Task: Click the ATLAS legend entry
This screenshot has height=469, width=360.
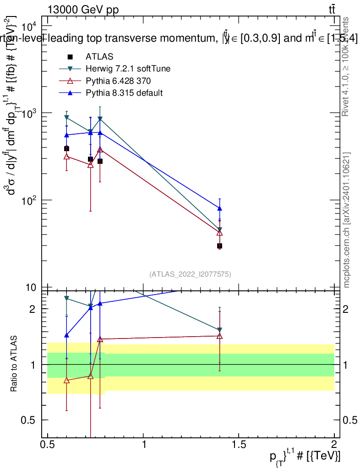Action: (99, 57)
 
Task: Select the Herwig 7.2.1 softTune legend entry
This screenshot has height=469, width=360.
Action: (128, 69)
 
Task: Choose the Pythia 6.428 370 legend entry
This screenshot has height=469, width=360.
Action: (118, 81)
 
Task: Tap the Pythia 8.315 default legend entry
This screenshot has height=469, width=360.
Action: (124, 93)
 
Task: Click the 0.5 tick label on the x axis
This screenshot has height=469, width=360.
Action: (48, 443)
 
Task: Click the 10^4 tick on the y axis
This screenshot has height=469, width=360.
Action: (34, 25)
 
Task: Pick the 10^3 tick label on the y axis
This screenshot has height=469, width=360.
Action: (34, 113)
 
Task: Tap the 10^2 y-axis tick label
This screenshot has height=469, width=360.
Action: (34, 200)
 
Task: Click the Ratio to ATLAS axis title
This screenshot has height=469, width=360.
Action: (14, 364)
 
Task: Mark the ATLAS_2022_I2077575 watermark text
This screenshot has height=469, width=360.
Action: (190, 274)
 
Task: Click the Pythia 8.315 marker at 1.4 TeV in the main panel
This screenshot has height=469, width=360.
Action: (220, 208)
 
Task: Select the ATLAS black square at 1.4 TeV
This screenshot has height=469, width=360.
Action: (220, 246)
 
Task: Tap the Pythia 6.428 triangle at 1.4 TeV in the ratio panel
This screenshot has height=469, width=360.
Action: (220, 336)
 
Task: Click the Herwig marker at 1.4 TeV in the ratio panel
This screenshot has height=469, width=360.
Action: (220, 330)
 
